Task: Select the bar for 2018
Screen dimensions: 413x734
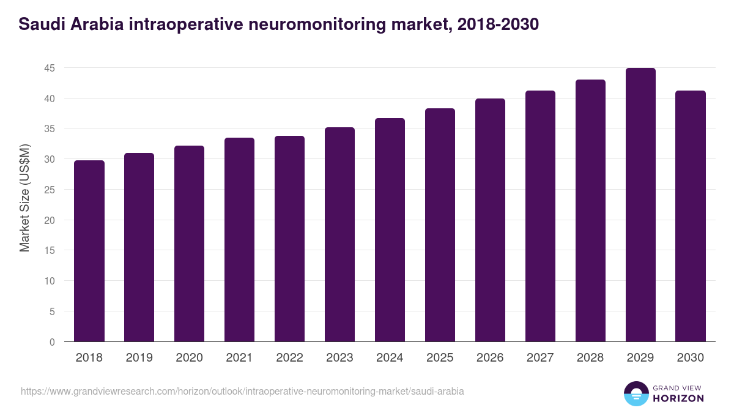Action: click(x=89, y=251)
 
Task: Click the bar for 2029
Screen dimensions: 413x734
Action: click(x=640, y=205)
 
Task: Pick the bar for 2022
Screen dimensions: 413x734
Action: click(x=290, y=239)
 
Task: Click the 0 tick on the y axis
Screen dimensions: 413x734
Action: click(x=53, y=342)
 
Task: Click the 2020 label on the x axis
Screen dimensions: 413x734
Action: click(x=190, y=358)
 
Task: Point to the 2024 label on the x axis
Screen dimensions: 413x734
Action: click(x=390, y=358)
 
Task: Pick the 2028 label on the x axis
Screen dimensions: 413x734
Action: click(x=590, y=358)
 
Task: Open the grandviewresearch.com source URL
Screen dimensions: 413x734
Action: click(x=242, y=391)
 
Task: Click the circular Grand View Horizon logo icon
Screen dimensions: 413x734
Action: click(x=636, y=393)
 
